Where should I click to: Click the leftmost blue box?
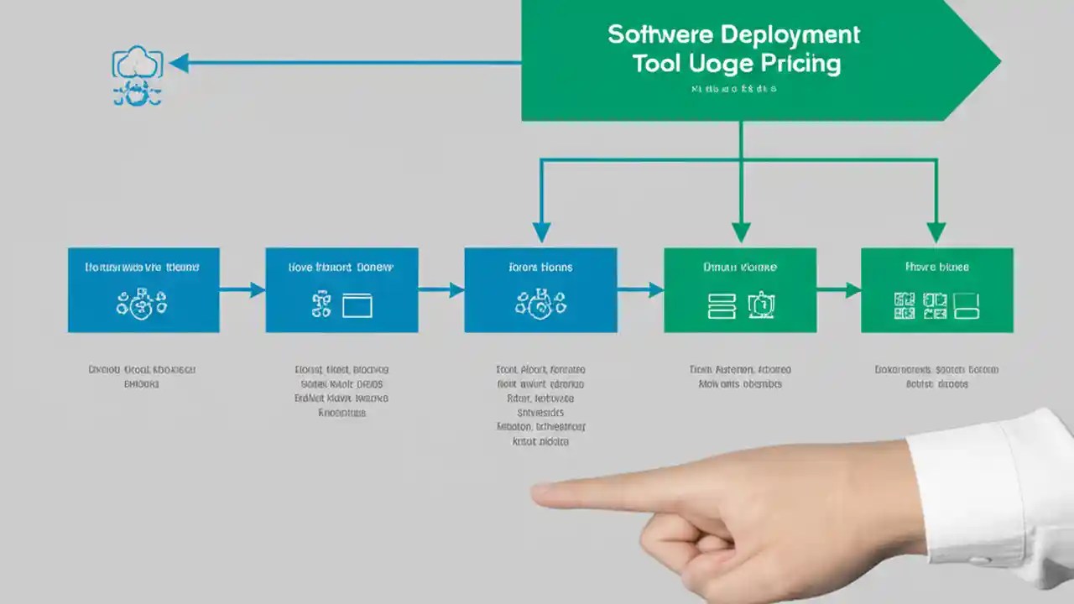143,289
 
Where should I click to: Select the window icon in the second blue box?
357,305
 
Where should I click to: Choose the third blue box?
540,289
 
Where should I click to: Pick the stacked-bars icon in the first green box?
722,305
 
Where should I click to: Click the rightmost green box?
937,289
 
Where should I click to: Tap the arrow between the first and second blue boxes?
242,290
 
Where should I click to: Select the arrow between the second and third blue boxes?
441,290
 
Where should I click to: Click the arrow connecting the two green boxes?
839,290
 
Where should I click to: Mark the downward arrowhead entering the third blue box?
542,232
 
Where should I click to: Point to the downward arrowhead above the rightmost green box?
936,232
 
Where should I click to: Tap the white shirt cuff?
990,495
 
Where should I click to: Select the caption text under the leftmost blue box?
143,377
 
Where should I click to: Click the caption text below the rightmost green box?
936,377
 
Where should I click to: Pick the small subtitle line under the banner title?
734,88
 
